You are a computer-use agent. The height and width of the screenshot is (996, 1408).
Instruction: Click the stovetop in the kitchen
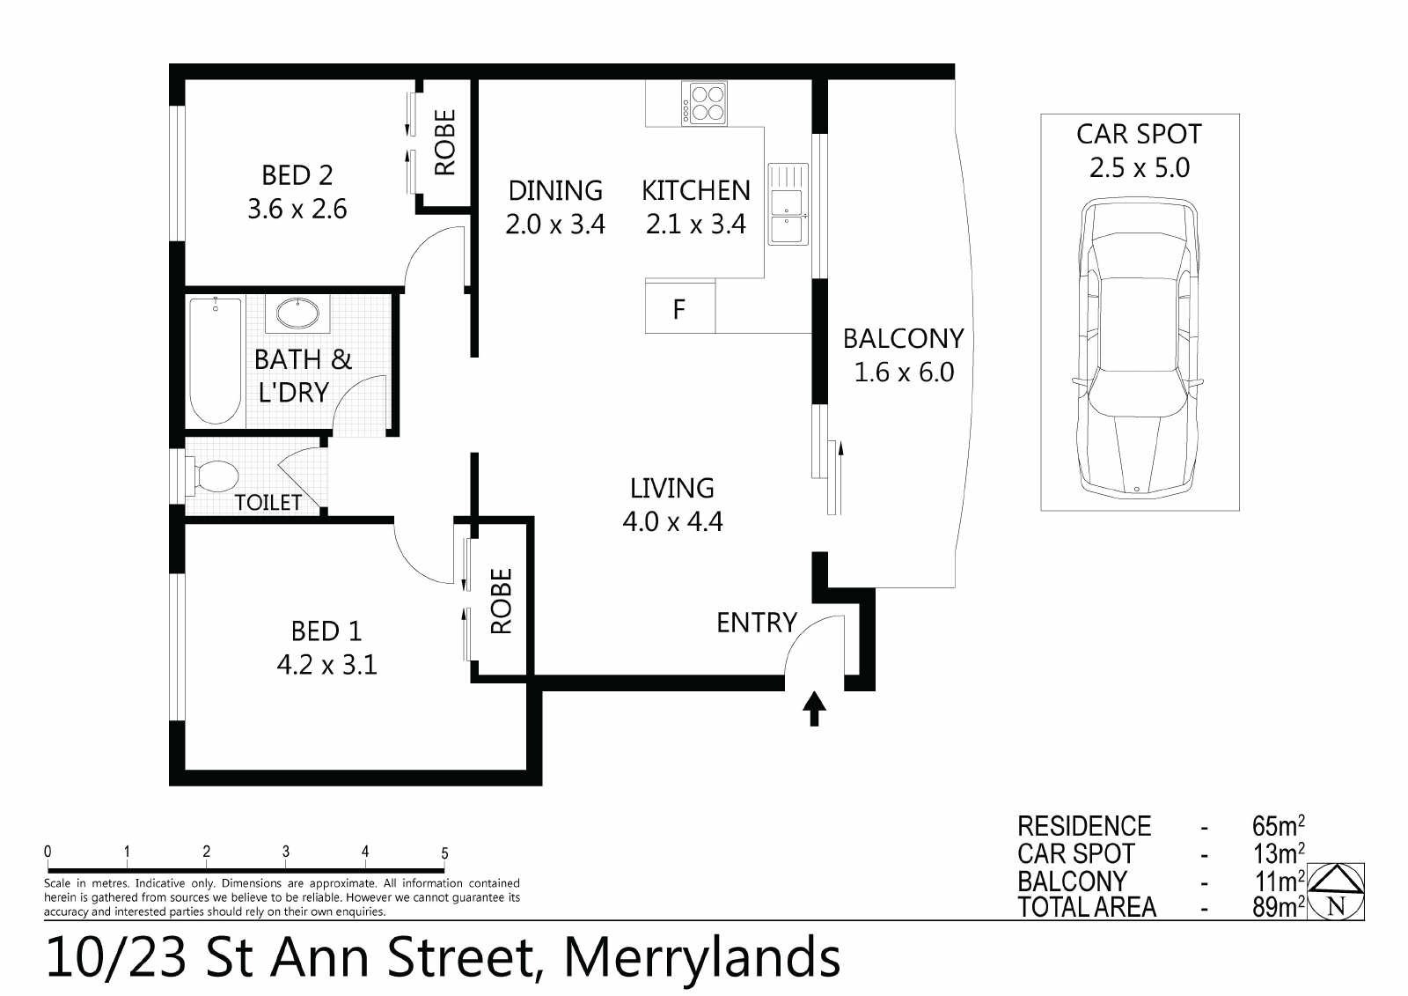click(x=704, y=103)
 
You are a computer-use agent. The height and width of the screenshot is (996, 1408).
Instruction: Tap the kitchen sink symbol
click(x=788, y=203)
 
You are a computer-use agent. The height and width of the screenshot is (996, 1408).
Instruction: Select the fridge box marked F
click(x=680, y=307)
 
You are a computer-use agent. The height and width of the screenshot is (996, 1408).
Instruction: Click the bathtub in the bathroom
click(x=215, y=360)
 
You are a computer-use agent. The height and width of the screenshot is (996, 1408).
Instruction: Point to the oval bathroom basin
click(x=297, y=313)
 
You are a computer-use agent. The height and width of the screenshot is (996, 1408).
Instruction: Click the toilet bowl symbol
click(x=214, y=476)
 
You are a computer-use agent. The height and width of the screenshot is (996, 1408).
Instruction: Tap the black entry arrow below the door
click(x=814, y=709)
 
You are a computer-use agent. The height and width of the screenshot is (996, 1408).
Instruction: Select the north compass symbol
click(x=1336, y=891)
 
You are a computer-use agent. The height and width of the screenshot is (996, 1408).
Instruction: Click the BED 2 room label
click(x=297, y=175)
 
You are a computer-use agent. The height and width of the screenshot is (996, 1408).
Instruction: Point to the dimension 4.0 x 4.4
click(x=672, y=521)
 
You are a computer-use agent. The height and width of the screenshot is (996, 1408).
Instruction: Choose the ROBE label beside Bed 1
click(x=501, y=601)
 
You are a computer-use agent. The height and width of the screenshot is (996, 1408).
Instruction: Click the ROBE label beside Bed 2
click(x=444, y=142)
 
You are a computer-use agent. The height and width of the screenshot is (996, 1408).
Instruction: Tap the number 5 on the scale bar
click(x=444, y=853)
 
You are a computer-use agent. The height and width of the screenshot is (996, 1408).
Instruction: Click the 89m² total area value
click(x=1278, y=907)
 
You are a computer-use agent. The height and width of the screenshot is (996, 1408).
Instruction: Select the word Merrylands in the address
click(x=702, y=958)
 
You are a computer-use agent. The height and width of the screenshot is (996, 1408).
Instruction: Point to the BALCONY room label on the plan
click(x=903, y=338)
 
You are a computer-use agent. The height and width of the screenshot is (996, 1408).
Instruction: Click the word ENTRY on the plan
click(x=757, y=623)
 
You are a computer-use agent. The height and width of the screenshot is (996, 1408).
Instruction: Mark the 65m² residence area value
click(x=1278, y=825)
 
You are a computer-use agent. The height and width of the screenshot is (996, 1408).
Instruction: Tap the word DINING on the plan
click(x=555, y=190)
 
